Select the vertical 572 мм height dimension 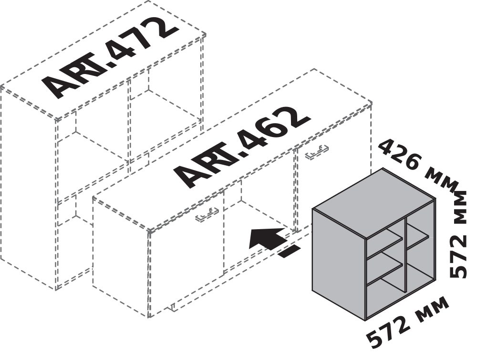click(x=458, y=234)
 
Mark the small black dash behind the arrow click(x=289, y=252)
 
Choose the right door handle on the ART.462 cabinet click(x=317, y=151)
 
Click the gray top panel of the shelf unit click(x=373, y=202)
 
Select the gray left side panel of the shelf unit click(x=339, y=264)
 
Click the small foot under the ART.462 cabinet click(x=172, y=307)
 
